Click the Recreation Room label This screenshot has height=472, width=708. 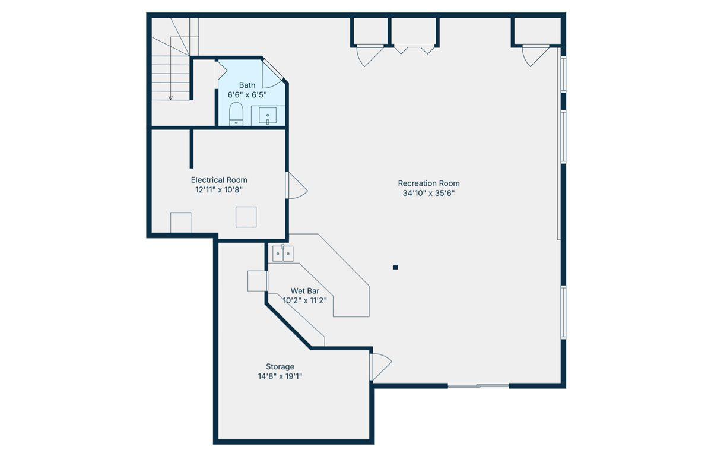click(x=428, y=183)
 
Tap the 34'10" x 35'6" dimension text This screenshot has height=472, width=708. click(x=428, y=193)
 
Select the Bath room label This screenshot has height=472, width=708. click(x=247, y=85)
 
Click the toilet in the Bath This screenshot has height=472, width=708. click(x=236, y=115)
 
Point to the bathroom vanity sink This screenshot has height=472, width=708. click(x=268, y=116)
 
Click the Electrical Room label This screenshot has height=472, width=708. click(x=219, y=180)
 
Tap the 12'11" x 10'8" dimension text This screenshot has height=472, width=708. click(x=219, y=190)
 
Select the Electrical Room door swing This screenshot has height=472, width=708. click(x=296, y=186)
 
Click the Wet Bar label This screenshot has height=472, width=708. click(x=304, y=291)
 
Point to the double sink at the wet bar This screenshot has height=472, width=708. click(x=282, y=254)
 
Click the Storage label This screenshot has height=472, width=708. click(x=280, y=367)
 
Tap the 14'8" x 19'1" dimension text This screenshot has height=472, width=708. click(x=280, y=376)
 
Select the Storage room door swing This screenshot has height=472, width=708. click(x=380, y=367)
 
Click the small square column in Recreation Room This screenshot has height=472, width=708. click(x=395, y=267)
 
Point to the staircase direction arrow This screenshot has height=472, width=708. click(x=170, y=95)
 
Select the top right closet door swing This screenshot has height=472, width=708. click(x=534, y=55)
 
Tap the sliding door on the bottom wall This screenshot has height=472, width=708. click(x=478, y=386)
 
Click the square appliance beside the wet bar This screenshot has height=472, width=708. click(x=256, y=280)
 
